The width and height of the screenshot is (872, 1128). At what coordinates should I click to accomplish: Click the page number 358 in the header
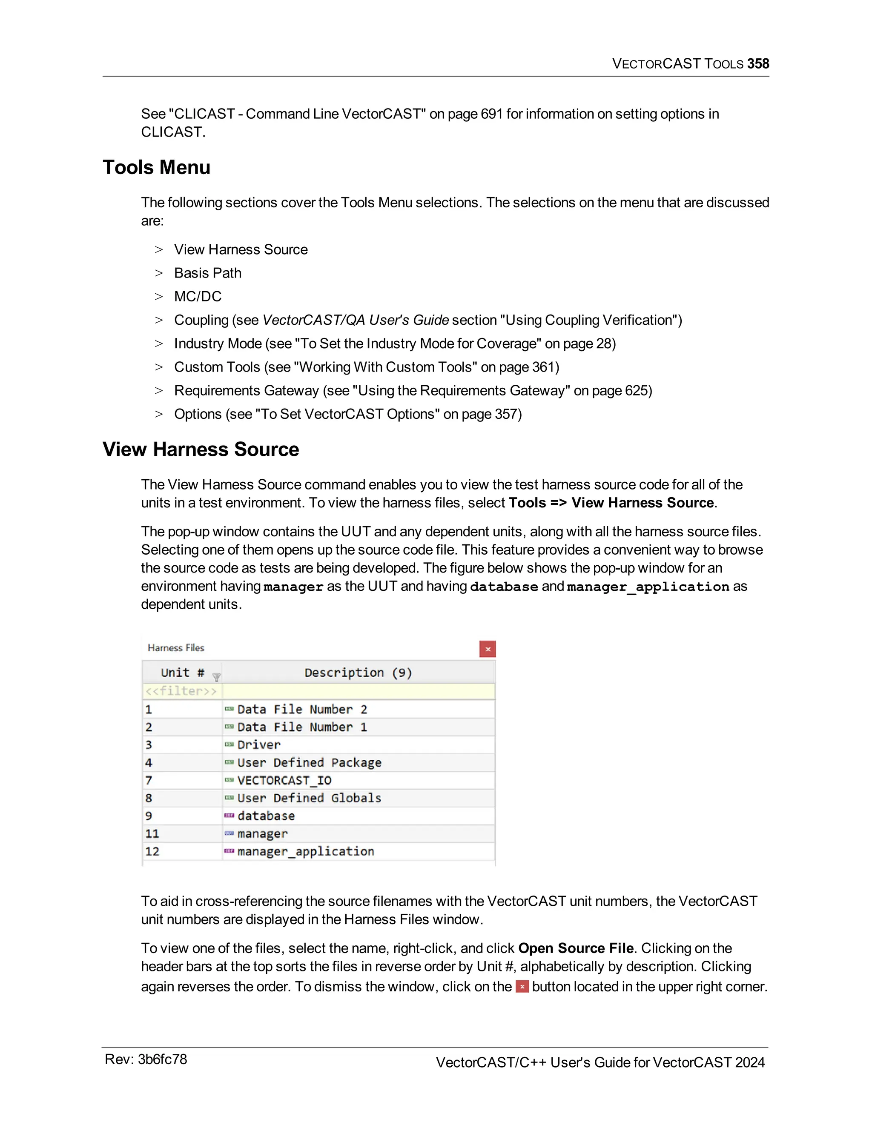(758, 63)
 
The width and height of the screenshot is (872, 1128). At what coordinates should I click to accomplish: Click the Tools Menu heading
(157, 167)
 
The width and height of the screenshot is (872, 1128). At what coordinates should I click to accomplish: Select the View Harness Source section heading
(201, 449)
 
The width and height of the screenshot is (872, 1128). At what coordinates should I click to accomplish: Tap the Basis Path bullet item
(208, 273)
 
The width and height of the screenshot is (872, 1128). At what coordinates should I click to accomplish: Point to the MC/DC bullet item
(198, 296)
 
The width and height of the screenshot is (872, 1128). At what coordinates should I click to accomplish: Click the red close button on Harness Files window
(487, 649)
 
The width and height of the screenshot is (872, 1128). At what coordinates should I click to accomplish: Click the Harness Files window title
(176, 648)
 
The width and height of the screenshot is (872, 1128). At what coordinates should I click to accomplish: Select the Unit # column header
(182, 673)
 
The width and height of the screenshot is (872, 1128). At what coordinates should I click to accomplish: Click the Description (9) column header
(358, 673)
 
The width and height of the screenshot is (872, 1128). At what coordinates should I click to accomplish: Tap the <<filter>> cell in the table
(181, 691)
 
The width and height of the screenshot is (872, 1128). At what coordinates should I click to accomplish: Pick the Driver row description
(259, 745)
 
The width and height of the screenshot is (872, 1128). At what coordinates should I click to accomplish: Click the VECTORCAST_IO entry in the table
(284, 780)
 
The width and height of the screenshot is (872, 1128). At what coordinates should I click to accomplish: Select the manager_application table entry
(306, 851)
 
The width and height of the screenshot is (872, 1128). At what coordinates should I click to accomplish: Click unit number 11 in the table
(152, 833)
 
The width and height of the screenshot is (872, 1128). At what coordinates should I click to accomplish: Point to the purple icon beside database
(229, 816)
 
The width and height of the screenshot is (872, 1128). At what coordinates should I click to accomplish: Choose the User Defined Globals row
(309, 798)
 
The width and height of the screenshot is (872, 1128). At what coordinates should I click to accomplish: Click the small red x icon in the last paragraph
(522, 987)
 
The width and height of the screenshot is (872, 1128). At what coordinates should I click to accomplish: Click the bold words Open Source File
(576, 948)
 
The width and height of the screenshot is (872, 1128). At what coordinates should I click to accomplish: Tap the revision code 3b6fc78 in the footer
(162, 1059)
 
